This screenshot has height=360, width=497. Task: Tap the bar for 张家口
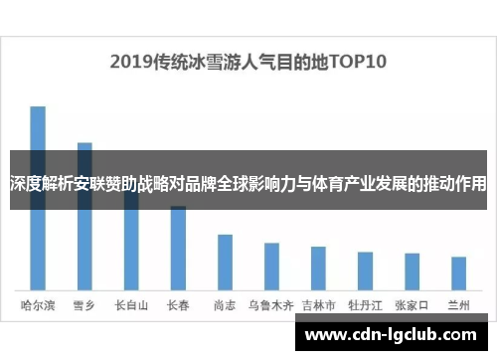coord(412,270)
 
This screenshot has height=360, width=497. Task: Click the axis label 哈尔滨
coord(38,304)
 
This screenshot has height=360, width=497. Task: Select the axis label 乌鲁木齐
coord(271,304)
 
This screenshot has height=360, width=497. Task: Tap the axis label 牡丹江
coord(365,304)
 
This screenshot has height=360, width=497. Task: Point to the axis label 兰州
coord(458,304)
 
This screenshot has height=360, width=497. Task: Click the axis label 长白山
coord(131,304)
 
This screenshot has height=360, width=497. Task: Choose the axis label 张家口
coord(412,304)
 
